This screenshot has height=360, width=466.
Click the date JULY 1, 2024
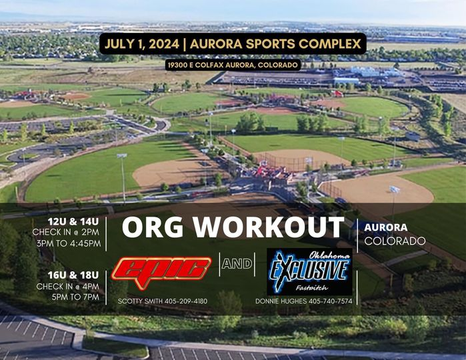(x=141, y=45)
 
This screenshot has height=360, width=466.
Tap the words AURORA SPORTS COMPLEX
(x=276, y=45)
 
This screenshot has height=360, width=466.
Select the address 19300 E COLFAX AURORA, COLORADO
(x=233, y=65)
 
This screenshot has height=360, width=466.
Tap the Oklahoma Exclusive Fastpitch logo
(x=309, y=271)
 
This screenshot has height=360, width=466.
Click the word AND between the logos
(x=237, y=264)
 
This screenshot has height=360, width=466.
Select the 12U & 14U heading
(x=75, y=221)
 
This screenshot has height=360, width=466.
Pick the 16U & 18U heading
(x=74, y=275)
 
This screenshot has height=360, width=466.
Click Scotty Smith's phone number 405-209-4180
(x=186, y=301)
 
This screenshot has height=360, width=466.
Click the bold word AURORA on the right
(x=386, y=227)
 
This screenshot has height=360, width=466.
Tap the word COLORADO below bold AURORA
(x=395, y=240)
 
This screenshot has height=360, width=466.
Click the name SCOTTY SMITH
(x=140, y=301)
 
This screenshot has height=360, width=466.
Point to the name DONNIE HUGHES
(x=278, y=301)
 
